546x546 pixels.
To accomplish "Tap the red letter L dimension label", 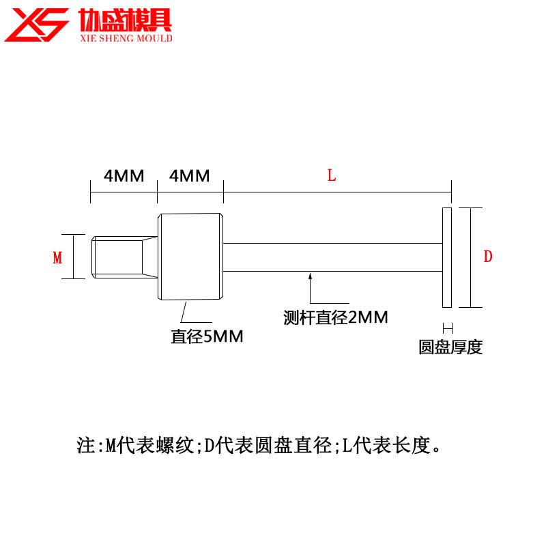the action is pos(332,176).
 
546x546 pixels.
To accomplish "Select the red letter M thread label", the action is pos(57,257).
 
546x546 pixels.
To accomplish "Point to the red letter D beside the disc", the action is pos(488,257).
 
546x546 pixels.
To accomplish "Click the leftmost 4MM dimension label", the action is pos(124,176).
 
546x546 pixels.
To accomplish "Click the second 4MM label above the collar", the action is pos(189,176).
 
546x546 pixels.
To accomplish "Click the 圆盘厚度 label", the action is pos(450,347).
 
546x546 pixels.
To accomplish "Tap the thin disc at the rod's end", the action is pos(446,257).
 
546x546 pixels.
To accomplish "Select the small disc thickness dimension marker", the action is pos(447,327).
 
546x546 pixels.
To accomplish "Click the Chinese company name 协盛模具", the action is pos(124,19).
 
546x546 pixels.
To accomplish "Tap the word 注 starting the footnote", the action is pos(85,447).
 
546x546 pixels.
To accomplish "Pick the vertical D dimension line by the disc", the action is pos(470,257).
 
